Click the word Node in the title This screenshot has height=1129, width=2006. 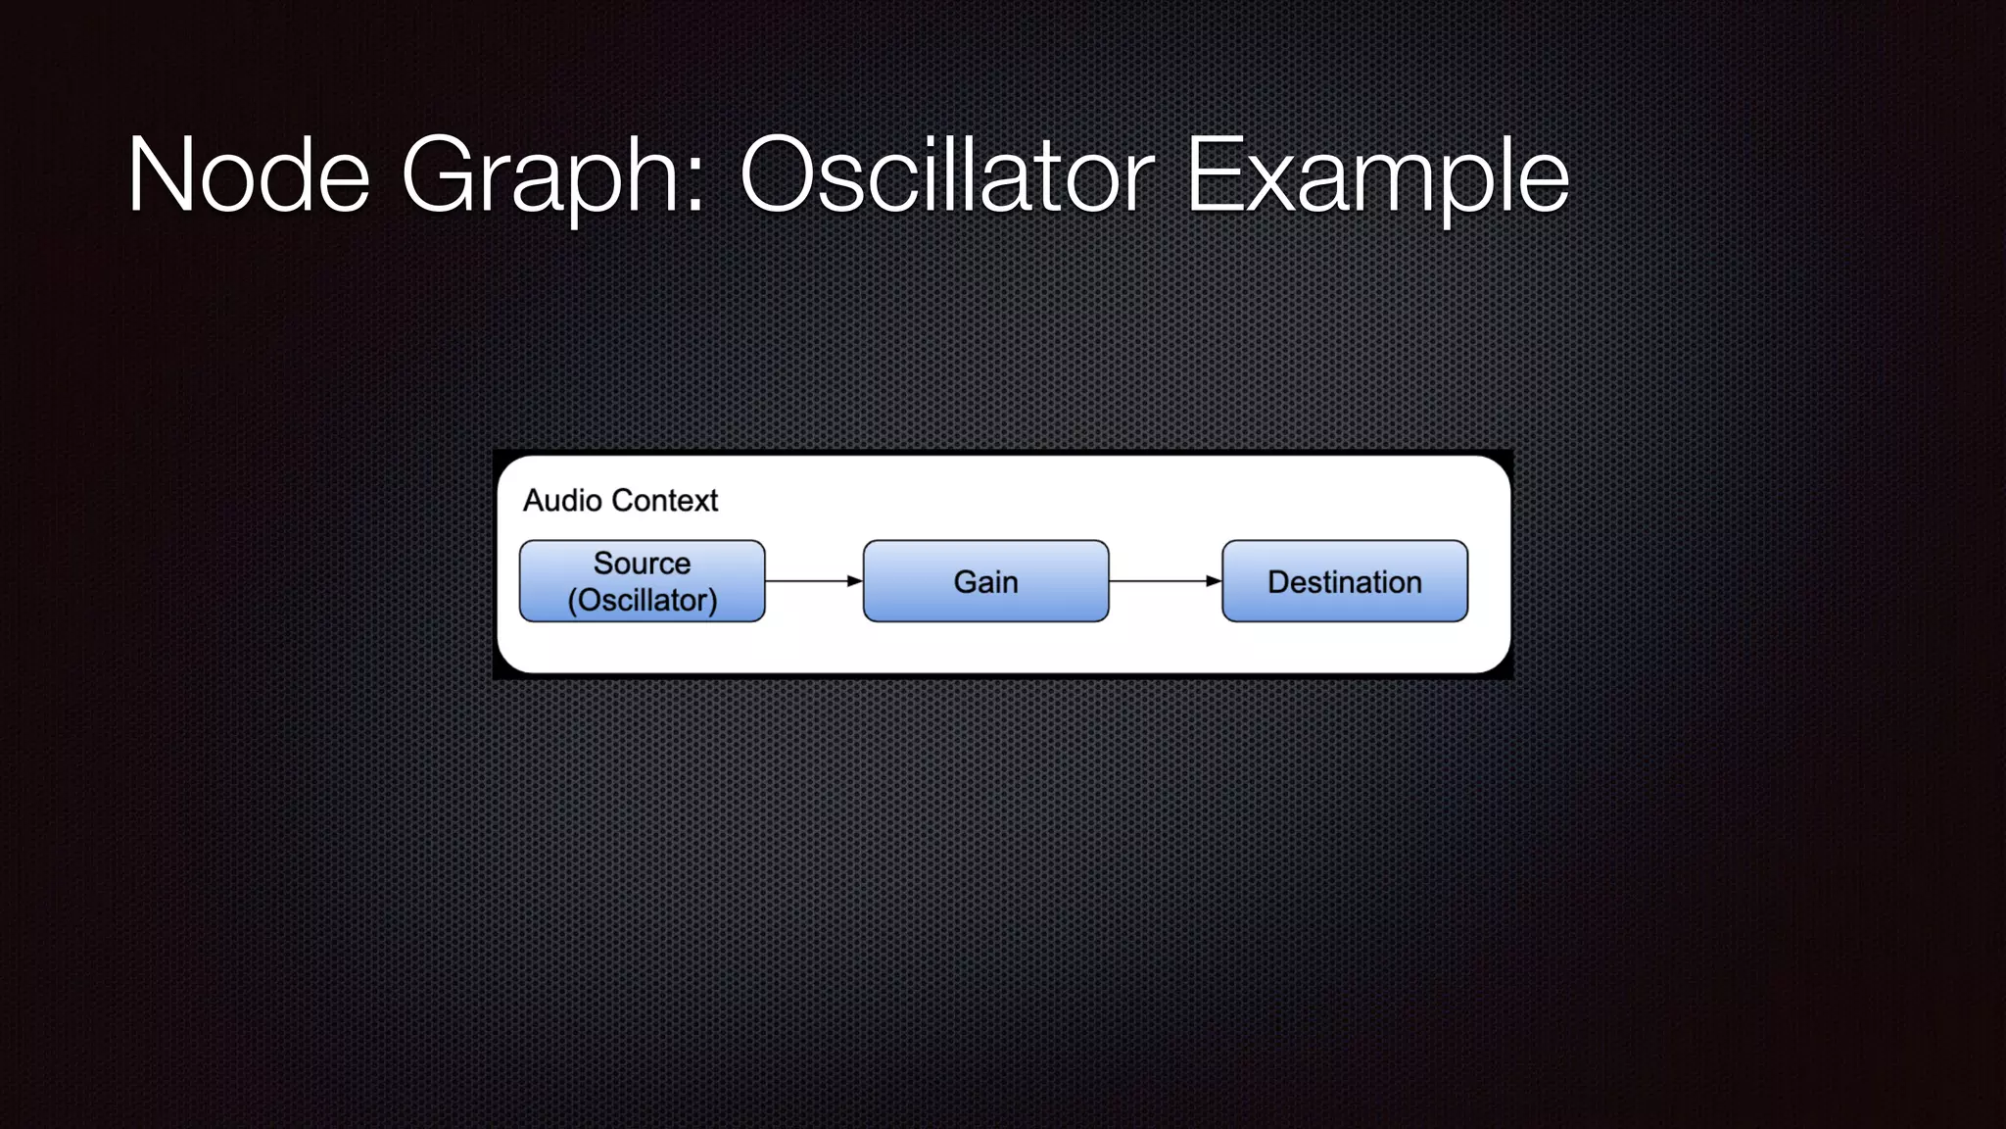click(249, 176)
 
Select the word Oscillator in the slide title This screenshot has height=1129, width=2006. click(947, 176)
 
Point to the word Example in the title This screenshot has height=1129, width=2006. click(1377, 176)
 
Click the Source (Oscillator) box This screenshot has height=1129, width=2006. click(642, 581)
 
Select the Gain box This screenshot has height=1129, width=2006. click(985, 581)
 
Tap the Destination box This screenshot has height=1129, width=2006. click(1344, 581)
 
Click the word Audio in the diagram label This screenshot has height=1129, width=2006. click(562, 501)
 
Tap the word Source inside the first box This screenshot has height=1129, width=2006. click(642, 564)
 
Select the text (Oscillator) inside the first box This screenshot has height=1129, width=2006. click(642, 600)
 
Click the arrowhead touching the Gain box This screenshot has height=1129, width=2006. click(855, 581)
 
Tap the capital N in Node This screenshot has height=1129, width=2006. click(163, 176)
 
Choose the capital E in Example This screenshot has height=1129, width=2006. click(1214, 176)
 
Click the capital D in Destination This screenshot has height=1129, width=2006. click(1279, 582)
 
